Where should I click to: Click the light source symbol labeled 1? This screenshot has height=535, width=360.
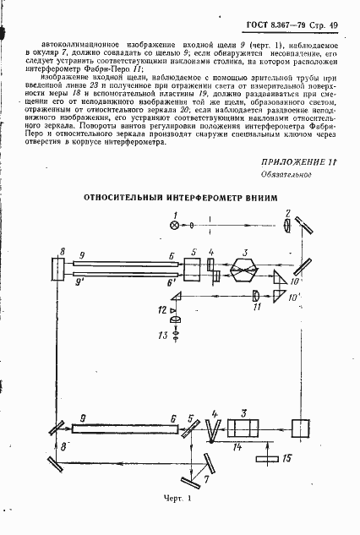tap(175, 226)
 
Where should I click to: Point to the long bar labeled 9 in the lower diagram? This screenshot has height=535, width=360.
tap(125, 428)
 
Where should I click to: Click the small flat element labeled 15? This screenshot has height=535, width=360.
tap(270, 460)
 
